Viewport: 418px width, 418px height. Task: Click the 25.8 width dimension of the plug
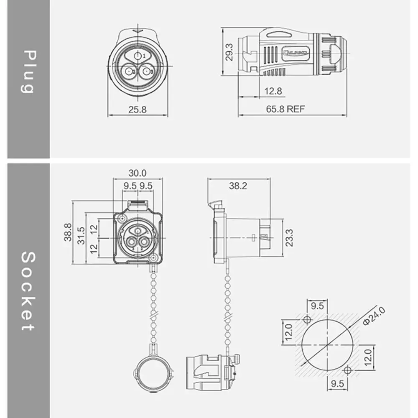[x=137, y=110]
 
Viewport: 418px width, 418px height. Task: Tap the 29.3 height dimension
[x=229, y=52]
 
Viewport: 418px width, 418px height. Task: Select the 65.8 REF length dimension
[x=286, y=110]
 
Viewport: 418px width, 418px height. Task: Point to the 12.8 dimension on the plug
[x=273, y=91]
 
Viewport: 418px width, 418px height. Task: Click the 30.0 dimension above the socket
[x=138, y=173]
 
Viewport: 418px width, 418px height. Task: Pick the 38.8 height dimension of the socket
[x=68, y=232]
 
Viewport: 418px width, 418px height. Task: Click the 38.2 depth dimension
[x=238, y=186]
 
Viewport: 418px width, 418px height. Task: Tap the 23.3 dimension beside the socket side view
[x=289, y=237]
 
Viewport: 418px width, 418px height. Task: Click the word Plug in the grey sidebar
[x=28, y=71]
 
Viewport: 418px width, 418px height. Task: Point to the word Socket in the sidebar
[x=28, y=291]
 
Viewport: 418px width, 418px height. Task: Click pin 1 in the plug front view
[x=138, y=56]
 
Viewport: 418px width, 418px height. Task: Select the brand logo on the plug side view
[x=296, y=53]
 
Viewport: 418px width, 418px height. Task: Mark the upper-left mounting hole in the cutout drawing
[x=307, y=320]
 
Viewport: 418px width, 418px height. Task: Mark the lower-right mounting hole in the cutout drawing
[x=347, y=370]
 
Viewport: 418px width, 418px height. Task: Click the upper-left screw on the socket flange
[x=122, y=219]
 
